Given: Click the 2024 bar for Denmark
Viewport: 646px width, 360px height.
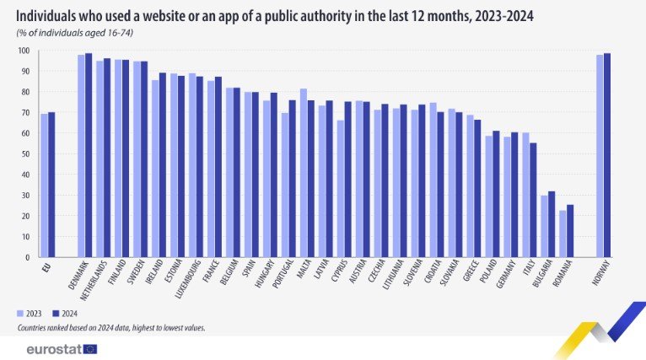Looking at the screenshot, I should [x=89, y=155].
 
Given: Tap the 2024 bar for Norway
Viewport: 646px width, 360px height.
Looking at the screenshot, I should [x=607, y=155].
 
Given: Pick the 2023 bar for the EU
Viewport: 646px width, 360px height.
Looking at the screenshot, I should [x=44, y=185].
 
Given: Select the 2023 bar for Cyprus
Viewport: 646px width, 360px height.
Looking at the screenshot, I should [x=341, y=189].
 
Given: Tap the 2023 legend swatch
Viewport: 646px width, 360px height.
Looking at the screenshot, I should [x=20, y=312].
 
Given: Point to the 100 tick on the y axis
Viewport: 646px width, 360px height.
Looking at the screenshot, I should [x=24, y=51].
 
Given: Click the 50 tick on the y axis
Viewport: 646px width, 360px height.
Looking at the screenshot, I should [x=26, y=154].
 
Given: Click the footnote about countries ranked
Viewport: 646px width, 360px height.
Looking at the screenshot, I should [x=110, y=326].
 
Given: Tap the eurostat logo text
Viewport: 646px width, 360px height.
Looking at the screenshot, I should [x=52, y=348].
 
